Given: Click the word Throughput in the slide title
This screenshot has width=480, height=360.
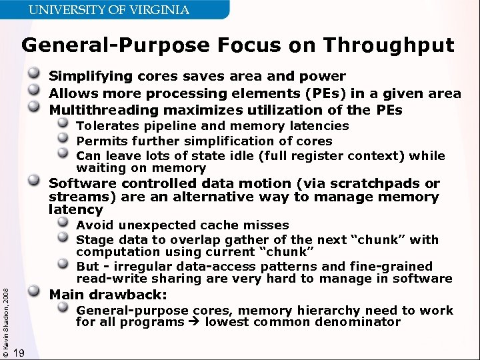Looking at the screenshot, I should click(388, 45).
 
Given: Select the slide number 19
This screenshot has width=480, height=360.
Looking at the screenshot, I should click(19, 353).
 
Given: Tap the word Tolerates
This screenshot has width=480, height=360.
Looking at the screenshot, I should click(103, 125).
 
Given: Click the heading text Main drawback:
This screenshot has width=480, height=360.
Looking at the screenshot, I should click(108, 295).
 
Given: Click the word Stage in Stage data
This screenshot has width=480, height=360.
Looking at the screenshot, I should click(92, 240).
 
